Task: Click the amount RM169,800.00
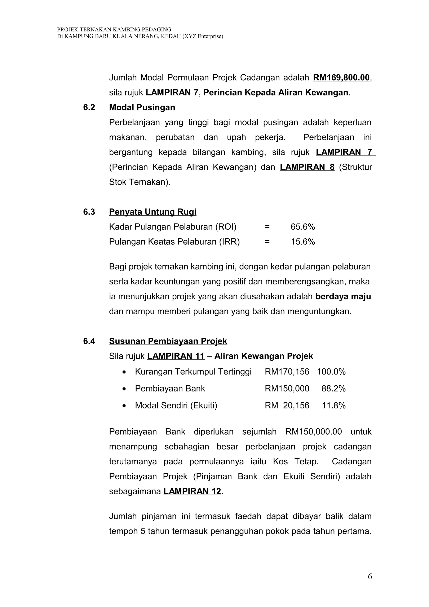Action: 341,78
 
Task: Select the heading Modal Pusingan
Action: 142,108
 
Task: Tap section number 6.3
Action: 89,212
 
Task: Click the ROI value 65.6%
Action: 303,227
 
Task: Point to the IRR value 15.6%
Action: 303,242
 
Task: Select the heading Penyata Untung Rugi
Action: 152,212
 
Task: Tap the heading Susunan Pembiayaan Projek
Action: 168,341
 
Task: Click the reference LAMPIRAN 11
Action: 176,356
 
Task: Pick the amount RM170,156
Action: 287,372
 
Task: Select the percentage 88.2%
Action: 333,389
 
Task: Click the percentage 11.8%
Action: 333,406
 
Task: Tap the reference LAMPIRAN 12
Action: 192,491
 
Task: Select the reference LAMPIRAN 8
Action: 307,167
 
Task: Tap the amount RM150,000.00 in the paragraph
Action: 314,432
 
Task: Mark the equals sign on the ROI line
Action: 267,227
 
